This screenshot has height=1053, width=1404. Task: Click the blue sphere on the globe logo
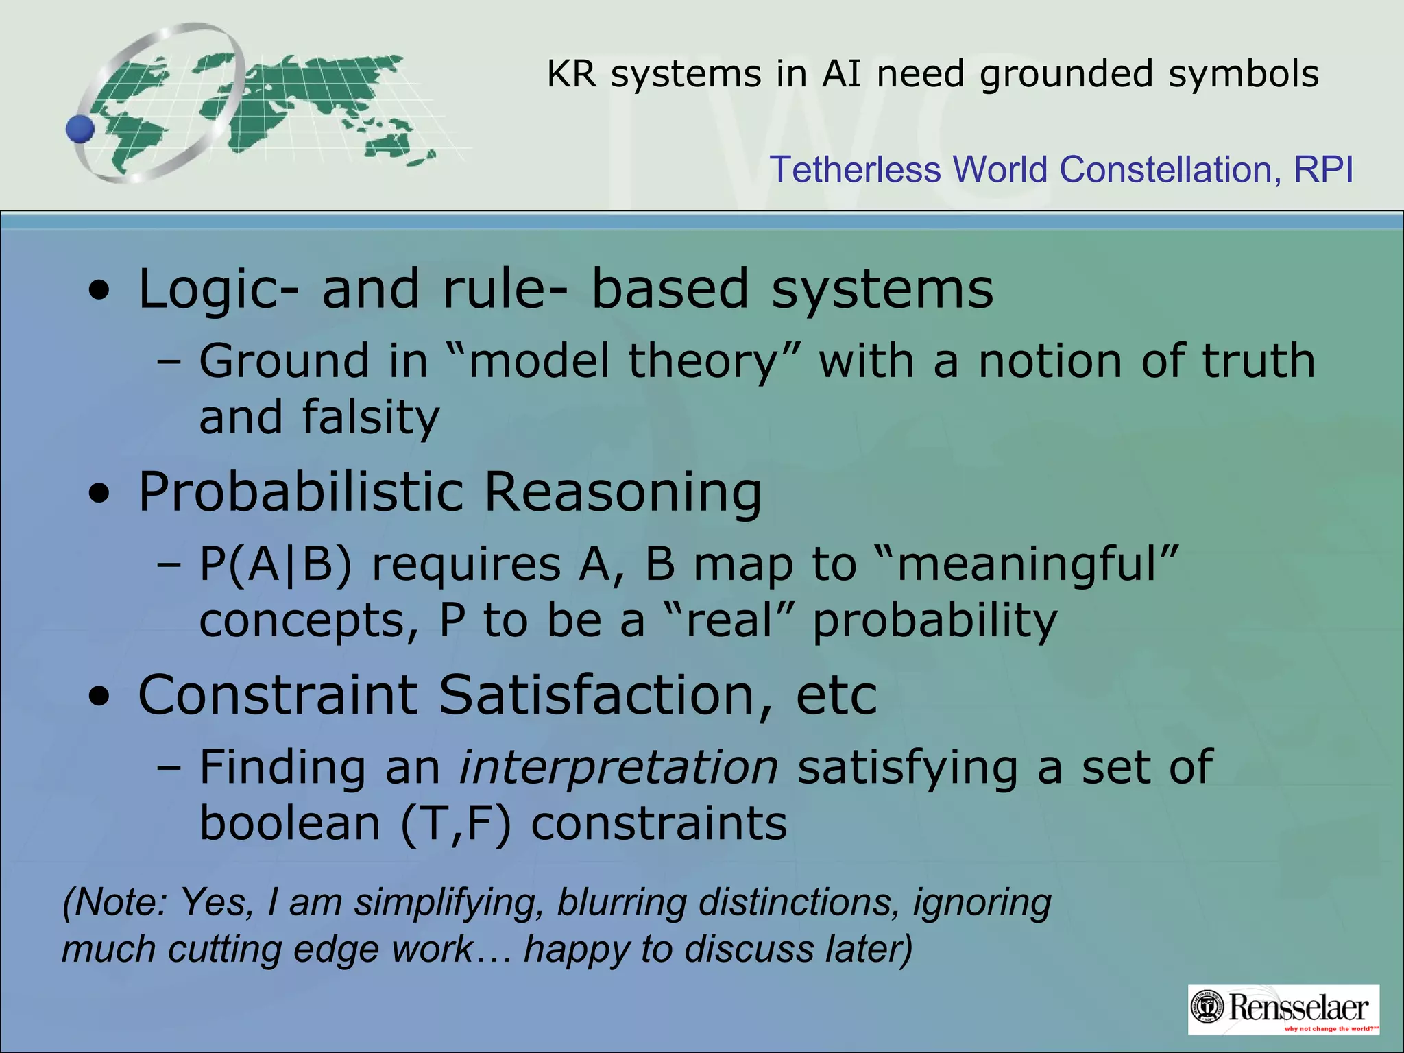80,129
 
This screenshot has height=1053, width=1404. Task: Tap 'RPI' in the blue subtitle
1323,169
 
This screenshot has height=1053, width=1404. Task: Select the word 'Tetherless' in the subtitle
854,169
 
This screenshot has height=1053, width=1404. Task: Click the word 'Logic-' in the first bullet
218,289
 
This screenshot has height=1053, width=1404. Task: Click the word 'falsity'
370,417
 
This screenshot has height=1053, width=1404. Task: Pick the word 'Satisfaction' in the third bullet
596,695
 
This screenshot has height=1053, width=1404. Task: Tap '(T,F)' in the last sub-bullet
456,823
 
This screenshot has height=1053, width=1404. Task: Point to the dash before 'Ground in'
169,361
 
